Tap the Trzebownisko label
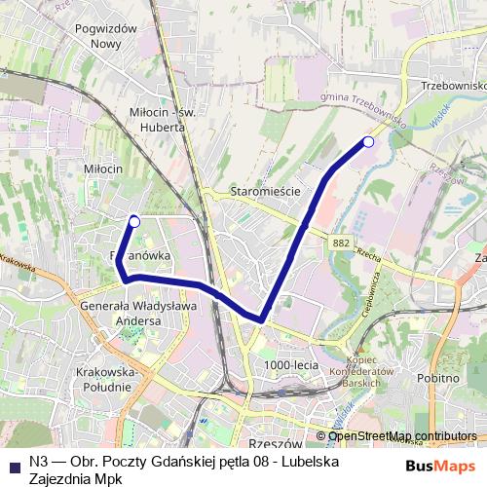pos(454,85)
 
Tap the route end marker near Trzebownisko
pos(368,142)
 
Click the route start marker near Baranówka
pos(134,222)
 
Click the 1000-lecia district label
pos(291,365)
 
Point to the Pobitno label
pos(436,378)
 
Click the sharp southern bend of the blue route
pos(261,318)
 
